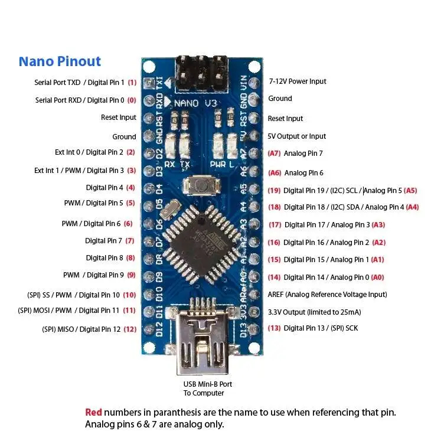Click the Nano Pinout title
point(60,61)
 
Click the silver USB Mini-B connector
point(203,338)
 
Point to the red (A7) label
point(274,154)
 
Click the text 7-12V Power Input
point(298,81)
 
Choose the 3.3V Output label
point(314,312)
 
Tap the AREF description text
point(327,295)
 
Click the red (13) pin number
point(274,328)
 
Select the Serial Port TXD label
point(57,83)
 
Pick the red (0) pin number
point(132,100)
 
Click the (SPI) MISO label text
point(58,329)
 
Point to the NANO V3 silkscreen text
point(195,103)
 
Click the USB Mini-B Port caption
point(207,384)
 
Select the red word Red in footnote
point(93,412)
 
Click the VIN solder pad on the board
point(254,83)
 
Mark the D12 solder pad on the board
point(149,329)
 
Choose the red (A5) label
point(410,191)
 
